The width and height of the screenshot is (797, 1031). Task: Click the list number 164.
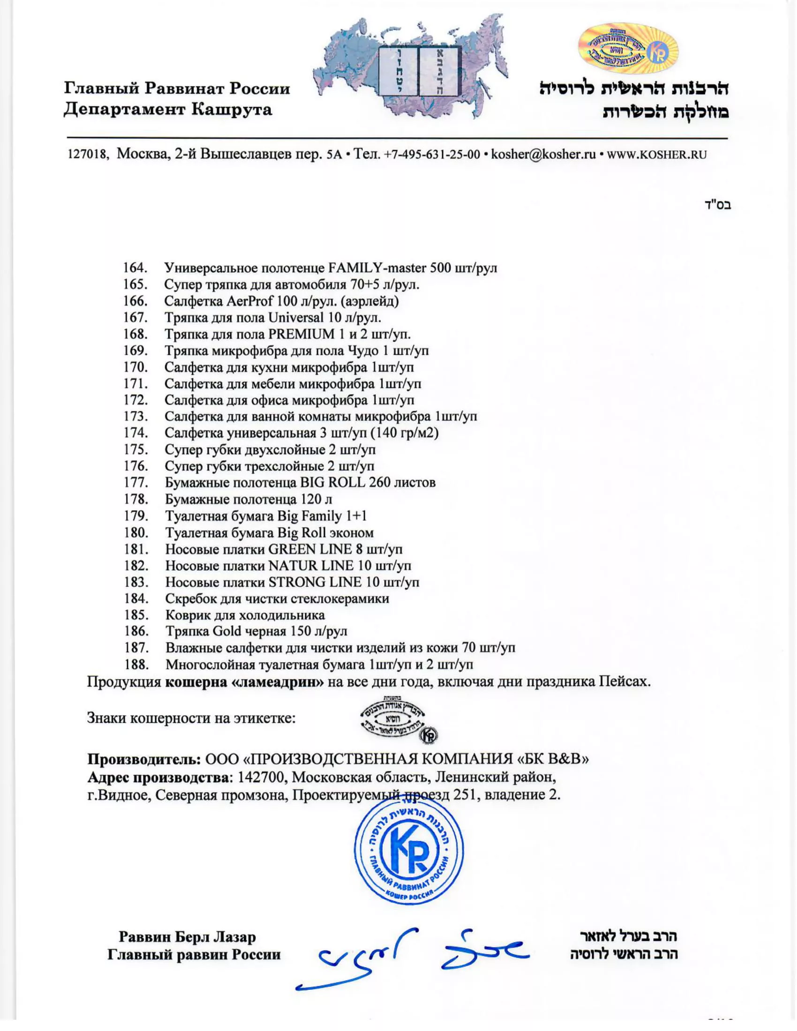pyautogui.click(x=135, y=268)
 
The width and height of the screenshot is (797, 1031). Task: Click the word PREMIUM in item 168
pyautogui.click(x=302, y=334)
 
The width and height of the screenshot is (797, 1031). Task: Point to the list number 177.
pyautogui.click(x=136, y=483)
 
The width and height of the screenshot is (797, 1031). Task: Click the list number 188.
pyautogui.click(x=136, y=665)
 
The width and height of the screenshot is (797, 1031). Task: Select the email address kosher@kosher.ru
pyautogui.click(x=543, y=154)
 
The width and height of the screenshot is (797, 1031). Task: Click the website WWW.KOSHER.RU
pyautogui.click(x=657, y=155)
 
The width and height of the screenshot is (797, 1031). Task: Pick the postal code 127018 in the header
pyautogui.click(x=87, y=155)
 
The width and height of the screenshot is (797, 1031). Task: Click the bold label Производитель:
pyautogui.click(x=144, y=759)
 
